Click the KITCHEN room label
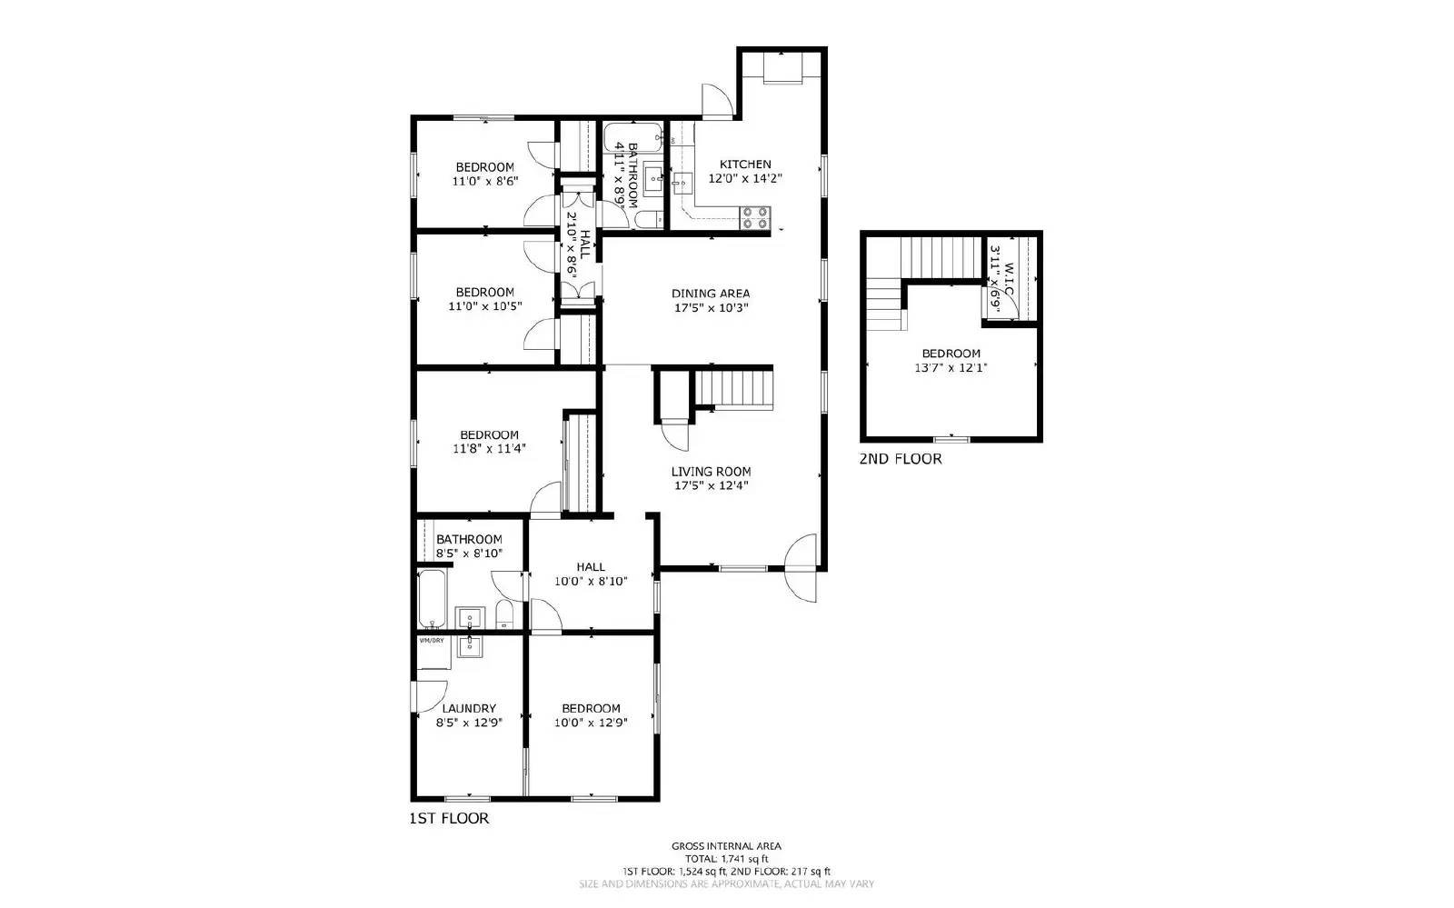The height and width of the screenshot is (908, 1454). tap(745, 165)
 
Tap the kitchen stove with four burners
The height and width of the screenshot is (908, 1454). tap(754, 218)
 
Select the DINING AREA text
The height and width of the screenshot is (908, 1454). tap(711, 294)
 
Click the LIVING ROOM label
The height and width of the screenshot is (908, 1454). tap(711, 472)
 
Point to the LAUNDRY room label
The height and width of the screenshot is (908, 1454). tap(469, 709)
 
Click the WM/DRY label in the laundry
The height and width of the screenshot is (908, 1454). tap(432, 641)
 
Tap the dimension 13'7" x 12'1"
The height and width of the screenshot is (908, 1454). tap(951, 368)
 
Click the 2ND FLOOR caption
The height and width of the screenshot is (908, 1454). tap(901, 459)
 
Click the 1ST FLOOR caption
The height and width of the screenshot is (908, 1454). tap(449, 819)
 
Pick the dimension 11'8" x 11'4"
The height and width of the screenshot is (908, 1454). tap(489, 448)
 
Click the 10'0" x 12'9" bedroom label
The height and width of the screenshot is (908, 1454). tap(591, 709)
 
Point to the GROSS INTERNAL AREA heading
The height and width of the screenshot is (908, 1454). tap(726, 846)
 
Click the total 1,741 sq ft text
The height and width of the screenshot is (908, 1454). tap(726, 859)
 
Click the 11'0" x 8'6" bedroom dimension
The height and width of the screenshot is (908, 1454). tap(484, 181)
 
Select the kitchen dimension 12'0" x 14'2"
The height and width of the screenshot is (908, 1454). tap(745, 179)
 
